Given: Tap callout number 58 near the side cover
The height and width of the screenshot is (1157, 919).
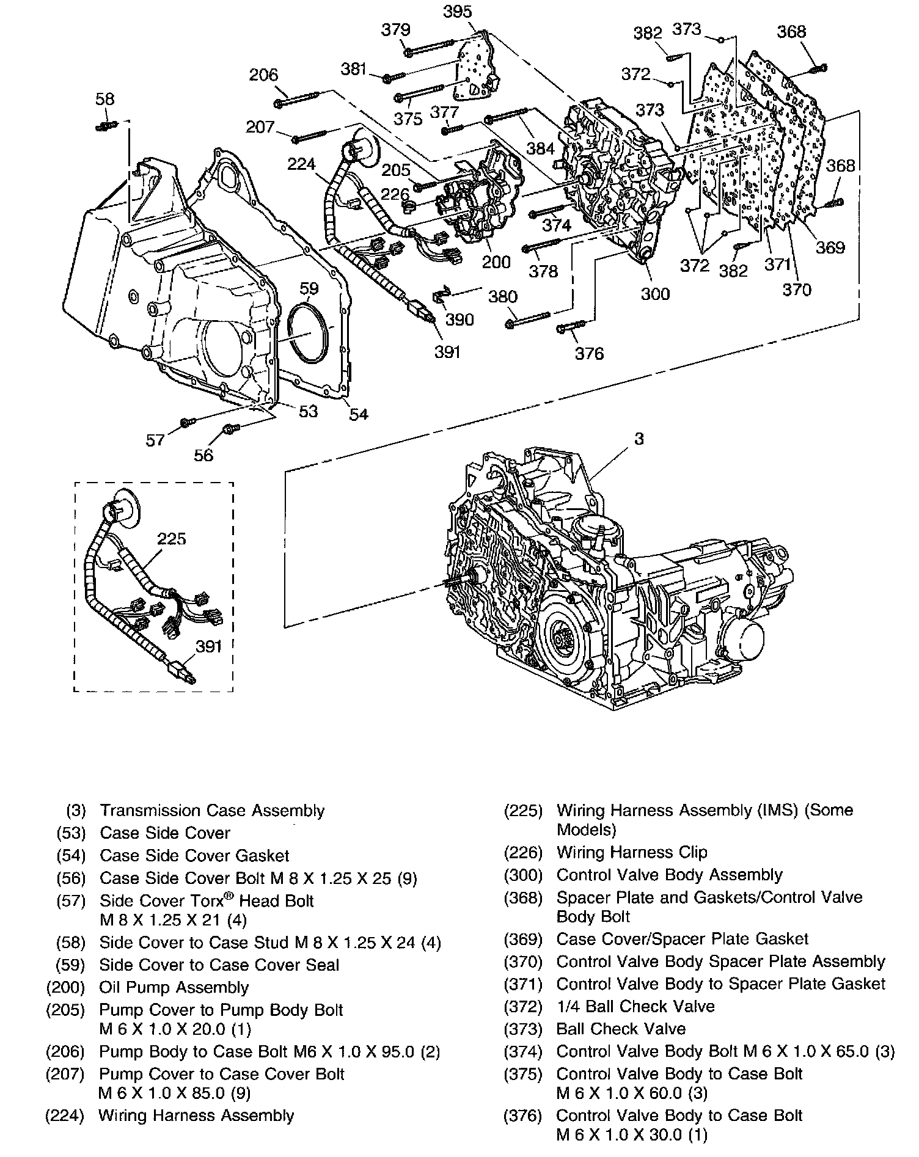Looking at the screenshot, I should pos(105,98).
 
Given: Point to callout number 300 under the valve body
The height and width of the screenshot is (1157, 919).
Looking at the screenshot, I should pos(655,294).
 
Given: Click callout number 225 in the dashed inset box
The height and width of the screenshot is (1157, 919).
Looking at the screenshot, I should pos(171,538).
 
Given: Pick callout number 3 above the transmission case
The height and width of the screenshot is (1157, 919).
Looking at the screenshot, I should pos(639,439).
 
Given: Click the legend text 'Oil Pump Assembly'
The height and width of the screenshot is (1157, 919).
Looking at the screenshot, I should pos(174,987).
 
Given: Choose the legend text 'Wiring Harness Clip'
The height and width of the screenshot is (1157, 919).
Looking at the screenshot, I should pos(632,852).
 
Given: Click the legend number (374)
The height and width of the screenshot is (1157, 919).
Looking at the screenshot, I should pos(523,1051).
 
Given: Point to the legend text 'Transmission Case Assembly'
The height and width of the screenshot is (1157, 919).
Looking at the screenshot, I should pos(212,811).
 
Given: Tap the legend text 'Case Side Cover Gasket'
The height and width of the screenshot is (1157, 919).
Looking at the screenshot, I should pos(194,856).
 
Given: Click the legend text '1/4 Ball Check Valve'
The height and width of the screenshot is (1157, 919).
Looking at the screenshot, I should pos(635,1006).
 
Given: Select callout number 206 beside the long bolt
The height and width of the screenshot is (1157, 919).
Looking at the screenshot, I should pos(263,75).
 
